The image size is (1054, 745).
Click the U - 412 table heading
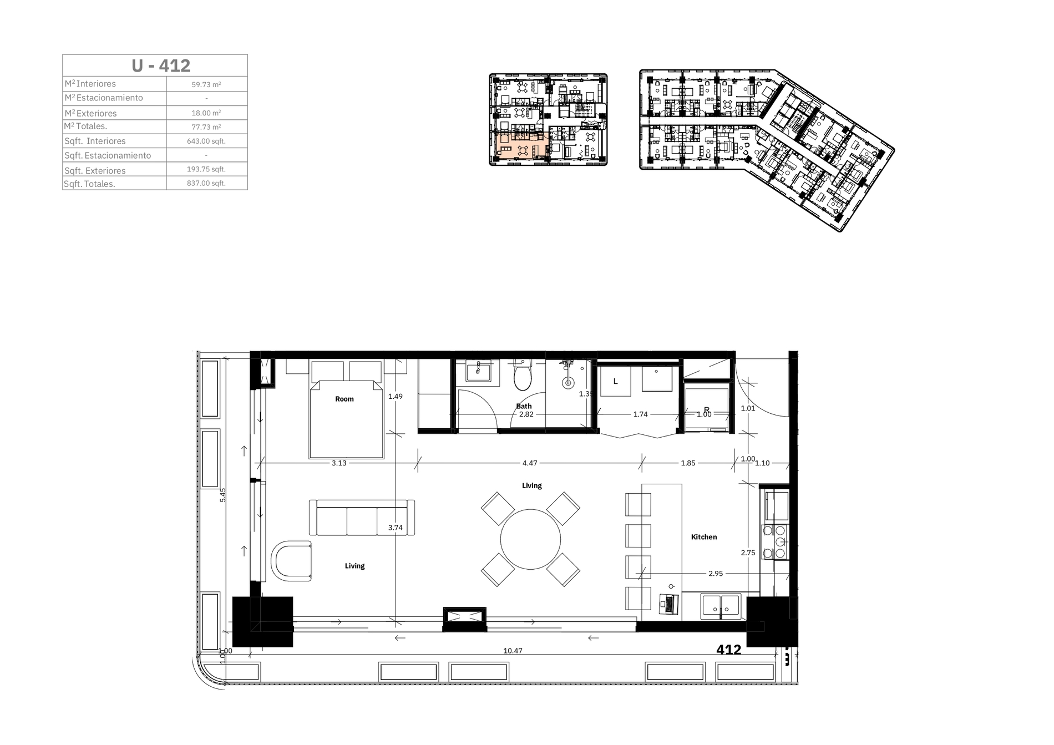pos(161,65)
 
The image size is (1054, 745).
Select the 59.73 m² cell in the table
pos(206,85)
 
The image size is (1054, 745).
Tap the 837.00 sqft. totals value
pos(206,183)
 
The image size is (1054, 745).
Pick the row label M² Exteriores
pos(90,113)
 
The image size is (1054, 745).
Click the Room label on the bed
pos(344,399)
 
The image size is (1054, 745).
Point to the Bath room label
pos(524,406)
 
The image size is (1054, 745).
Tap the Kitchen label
pos(704,537)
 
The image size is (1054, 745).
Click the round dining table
pos(530,539)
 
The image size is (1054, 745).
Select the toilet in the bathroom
pos(523,374)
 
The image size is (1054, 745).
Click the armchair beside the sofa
pos(291,561)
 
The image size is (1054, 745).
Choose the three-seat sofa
pos(362,518)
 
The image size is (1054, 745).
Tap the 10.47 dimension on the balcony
pos(513,651)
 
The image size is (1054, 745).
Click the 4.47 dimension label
pos(530,463)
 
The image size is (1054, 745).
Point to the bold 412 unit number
pos(728,650)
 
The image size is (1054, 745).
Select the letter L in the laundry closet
pos(615,382)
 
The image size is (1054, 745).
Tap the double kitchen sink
pos(721,606)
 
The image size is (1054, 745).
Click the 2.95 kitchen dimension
pos(716,574)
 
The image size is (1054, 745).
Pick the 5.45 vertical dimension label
pos(223,495)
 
